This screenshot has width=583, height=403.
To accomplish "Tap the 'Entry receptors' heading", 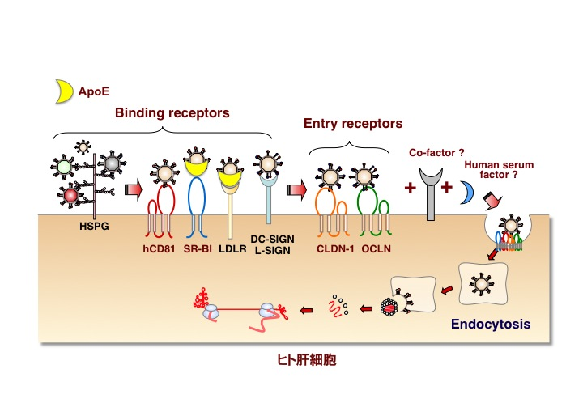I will (353, 124).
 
